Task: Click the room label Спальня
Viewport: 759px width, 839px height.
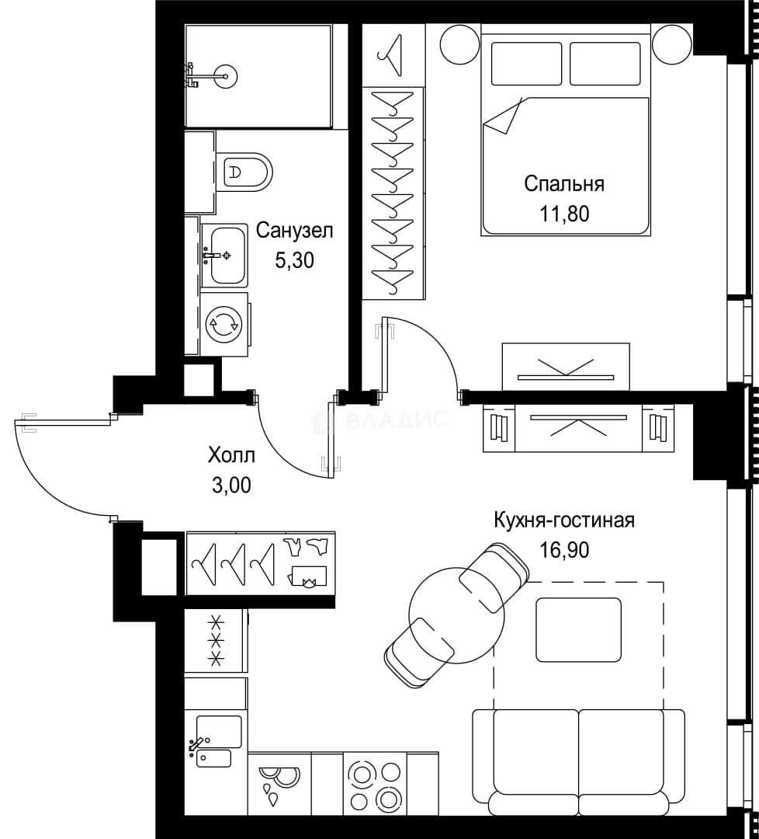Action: coord(564,185)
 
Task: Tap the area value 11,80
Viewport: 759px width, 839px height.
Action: coord(564,214)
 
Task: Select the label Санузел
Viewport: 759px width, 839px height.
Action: coord(294,231)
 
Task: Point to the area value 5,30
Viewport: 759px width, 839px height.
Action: coord(294,260)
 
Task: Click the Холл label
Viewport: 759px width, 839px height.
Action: coord(231,456)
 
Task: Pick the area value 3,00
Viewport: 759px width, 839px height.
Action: coord(231,486)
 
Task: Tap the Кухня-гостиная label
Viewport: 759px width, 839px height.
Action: coord(564,520)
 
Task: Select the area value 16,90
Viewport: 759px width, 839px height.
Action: coord(564,549)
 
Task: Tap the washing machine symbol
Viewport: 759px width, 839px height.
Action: coord(224,324)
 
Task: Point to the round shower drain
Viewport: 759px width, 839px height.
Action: coord(226,76)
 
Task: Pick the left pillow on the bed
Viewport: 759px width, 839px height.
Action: coord(526,64)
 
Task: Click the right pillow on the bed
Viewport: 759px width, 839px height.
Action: coord(605,64)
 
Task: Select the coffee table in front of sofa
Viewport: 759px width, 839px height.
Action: coord(579,629)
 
